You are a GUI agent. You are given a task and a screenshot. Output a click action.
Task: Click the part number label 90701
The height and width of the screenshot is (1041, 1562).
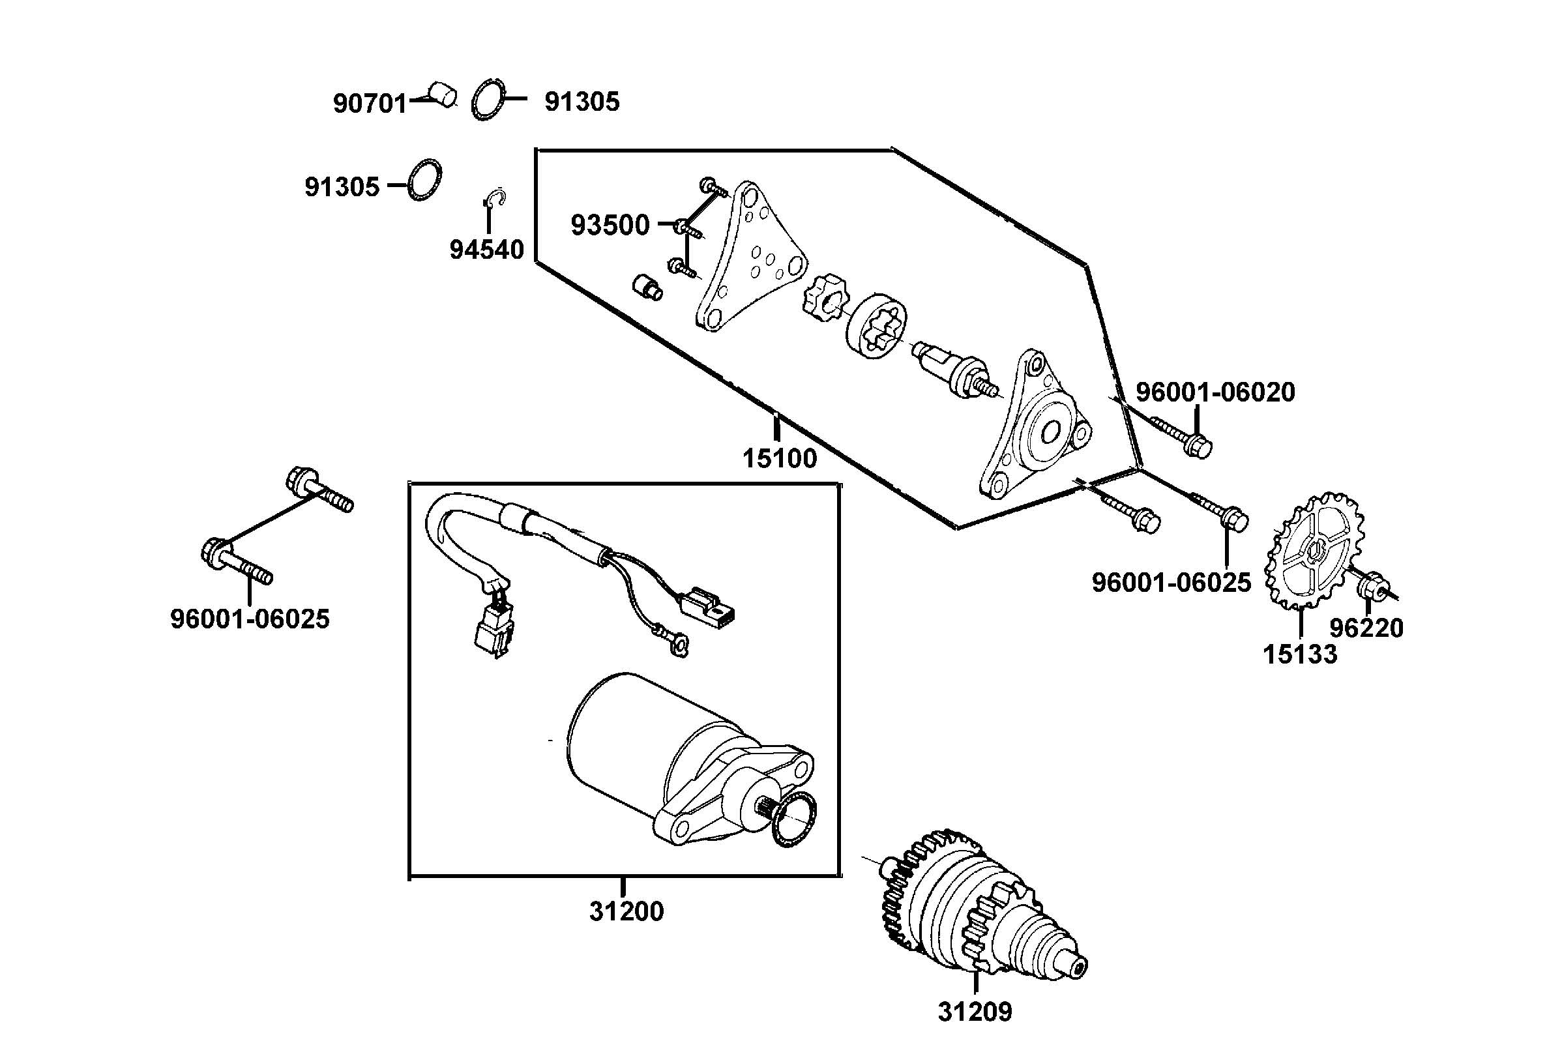coord(369,104)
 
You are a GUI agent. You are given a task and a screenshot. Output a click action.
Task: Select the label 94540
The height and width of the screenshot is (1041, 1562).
coord(486,250)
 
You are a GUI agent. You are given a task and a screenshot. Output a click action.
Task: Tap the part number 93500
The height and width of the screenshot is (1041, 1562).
coord(610,226)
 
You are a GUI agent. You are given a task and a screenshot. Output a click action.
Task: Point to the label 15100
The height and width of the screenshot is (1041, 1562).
coord(779,458)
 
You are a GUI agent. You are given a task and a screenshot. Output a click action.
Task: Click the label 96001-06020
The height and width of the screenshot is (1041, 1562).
coord(1215,392)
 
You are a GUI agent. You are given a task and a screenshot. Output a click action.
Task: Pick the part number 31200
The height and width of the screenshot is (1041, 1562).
coord(626,911)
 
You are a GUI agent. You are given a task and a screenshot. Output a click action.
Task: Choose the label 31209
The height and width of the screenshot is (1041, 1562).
coord(975,1012)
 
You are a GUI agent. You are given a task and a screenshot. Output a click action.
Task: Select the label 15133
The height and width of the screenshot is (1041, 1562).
coord(1300,654)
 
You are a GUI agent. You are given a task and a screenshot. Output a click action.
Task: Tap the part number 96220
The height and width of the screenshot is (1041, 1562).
coord(1366,628)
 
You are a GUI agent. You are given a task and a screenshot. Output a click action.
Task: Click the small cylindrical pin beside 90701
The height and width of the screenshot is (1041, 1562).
coord(443,93)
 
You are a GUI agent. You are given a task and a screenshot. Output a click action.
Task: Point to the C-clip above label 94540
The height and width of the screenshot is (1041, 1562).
coord(495,199)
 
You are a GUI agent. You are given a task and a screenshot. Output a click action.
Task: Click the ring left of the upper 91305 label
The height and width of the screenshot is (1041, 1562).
coord(488,100)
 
